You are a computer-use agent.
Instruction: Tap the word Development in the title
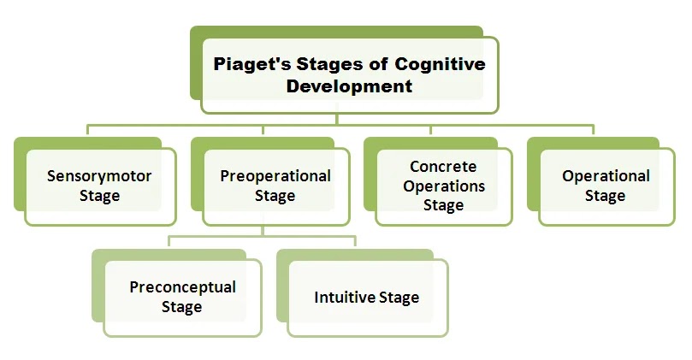click(x=349, y=86)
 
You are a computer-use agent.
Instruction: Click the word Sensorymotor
click(x=99, y=176)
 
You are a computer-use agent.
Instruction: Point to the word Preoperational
click(x=275, y=176)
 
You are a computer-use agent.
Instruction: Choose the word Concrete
click(x=443, y=167)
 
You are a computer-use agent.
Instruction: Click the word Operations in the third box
click(x=443, y=186)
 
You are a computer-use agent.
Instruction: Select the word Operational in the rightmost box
click(x=606, y=176)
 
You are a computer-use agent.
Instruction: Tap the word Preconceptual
click(x=182, y=286)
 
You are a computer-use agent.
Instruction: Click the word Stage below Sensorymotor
click(x=99, y=196)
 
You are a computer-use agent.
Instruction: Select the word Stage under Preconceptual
click(x=182, y=306)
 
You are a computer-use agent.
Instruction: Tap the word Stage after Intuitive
click(x=399, y=298)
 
